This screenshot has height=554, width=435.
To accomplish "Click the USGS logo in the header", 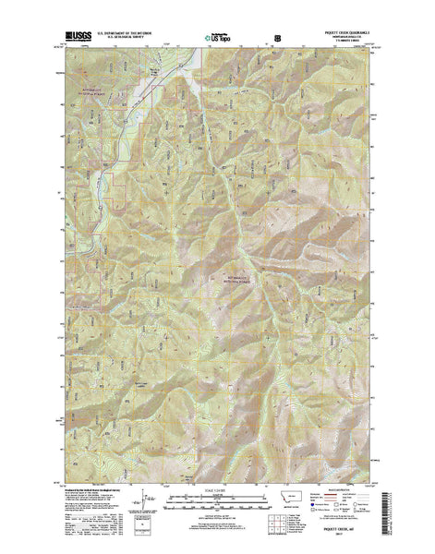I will point(78,35).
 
